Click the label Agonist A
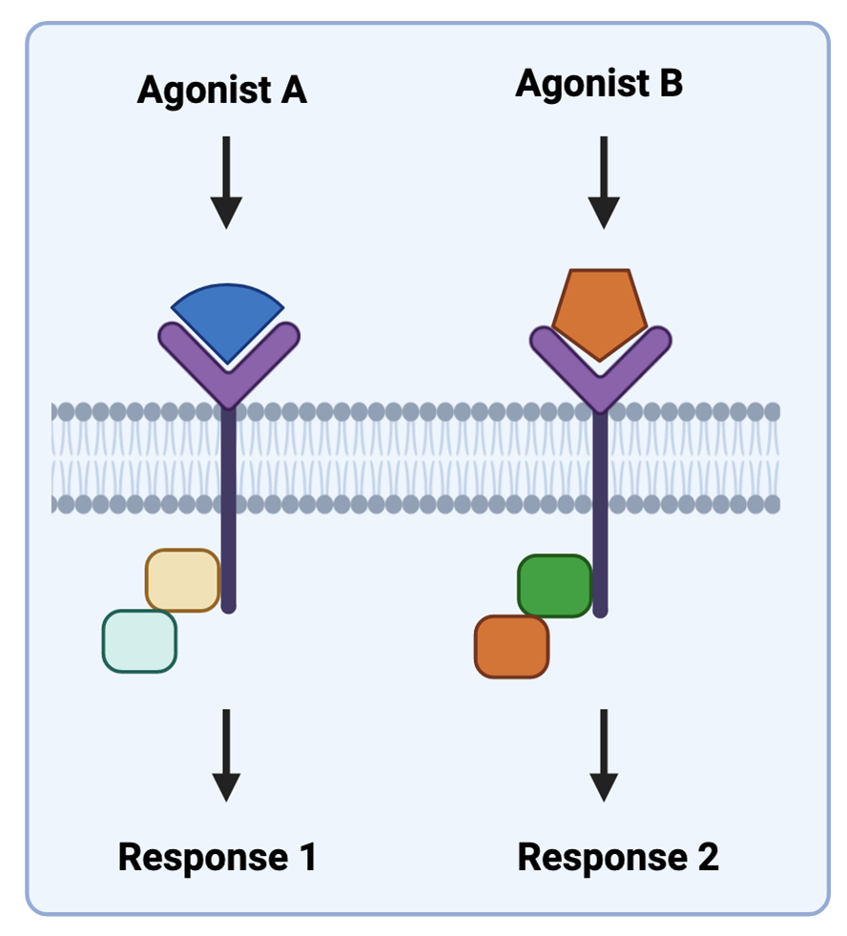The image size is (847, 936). (x=221, y=91)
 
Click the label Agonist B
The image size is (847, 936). (x=599, y=84)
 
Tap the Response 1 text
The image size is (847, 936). (x=217, y=857)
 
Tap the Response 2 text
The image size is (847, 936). (x=617, y=857)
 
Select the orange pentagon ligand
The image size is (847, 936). (x=599, y=307)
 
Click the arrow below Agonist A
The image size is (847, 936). (x=226, y=181)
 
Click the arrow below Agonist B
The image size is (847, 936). (x=603, y=181)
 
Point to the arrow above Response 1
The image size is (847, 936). (x=226, y=754)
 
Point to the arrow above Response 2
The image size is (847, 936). (x=603, y=754)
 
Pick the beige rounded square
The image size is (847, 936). (x=182, y=580)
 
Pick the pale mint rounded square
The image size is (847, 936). (x=139, y=641)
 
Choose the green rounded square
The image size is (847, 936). (x=554, y=586)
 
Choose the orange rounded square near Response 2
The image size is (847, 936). (x=511, y=646)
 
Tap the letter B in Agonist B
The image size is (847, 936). (x=671, y=84)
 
